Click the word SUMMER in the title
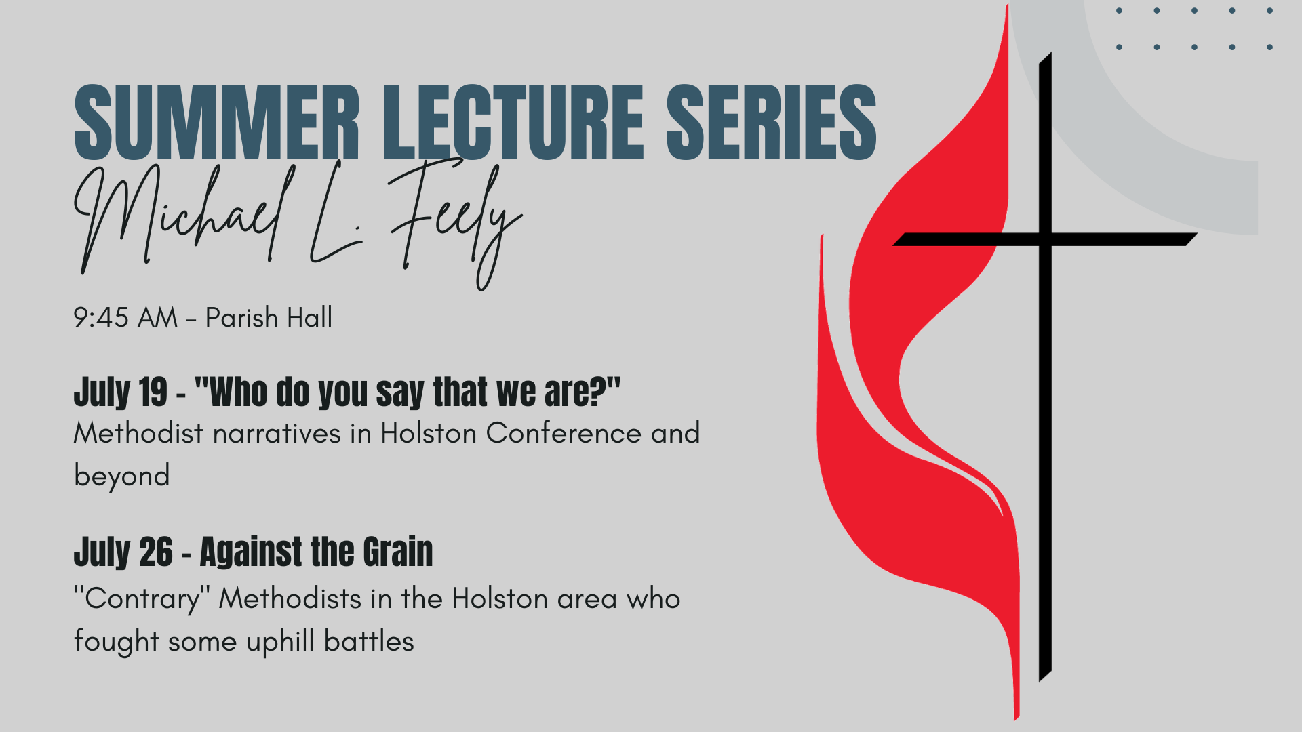click(216, 123)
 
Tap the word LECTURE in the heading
click(513, 123)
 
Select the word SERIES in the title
click(772, 123)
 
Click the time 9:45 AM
click(125, 317)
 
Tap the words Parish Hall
click(269, 317)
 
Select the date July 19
click(120, 392)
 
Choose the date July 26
click(123, 552)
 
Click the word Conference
click(564, 433)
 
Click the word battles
click(369, 641)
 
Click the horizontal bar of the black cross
click(1045, 239)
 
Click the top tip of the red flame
click(1007, 5)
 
